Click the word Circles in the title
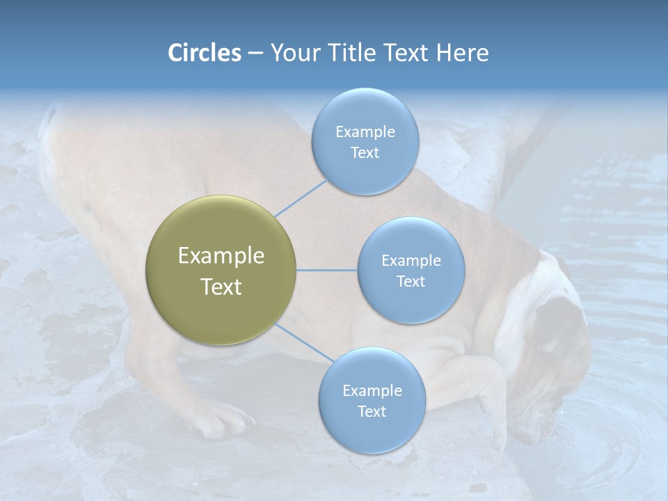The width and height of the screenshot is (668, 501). click(205, 53)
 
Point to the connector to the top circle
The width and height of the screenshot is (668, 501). click(301, 198)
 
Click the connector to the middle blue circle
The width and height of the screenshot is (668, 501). click(327, 270)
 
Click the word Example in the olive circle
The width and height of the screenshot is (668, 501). click(221, 256)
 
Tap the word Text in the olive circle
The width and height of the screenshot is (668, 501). click(221, 287)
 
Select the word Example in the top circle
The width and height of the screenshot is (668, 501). click(365, 132)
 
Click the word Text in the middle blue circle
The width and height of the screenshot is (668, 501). click(411, 281)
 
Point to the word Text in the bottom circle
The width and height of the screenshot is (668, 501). click(372, 411)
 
